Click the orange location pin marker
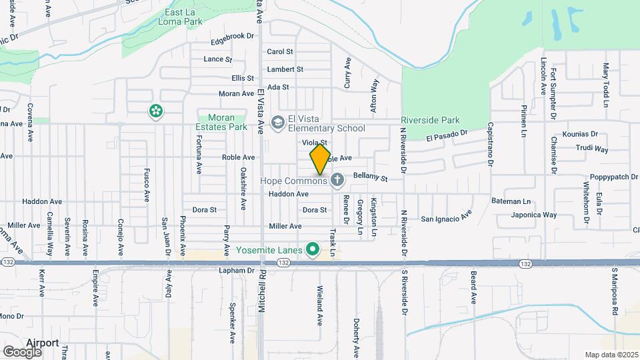321,159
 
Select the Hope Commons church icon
338,180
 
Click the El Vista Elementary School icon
277,123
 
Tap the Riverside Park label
431,121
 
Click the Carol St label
280,51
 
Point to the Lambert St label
285,69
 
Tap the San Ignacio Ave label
446,217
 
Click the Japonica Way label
534,215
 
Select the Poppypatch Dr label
609,177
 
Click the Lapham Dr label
237,271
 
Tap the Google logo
22,351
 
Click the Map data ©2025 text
611,355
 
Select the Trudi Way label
592,149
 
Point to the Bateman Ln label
512,201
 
